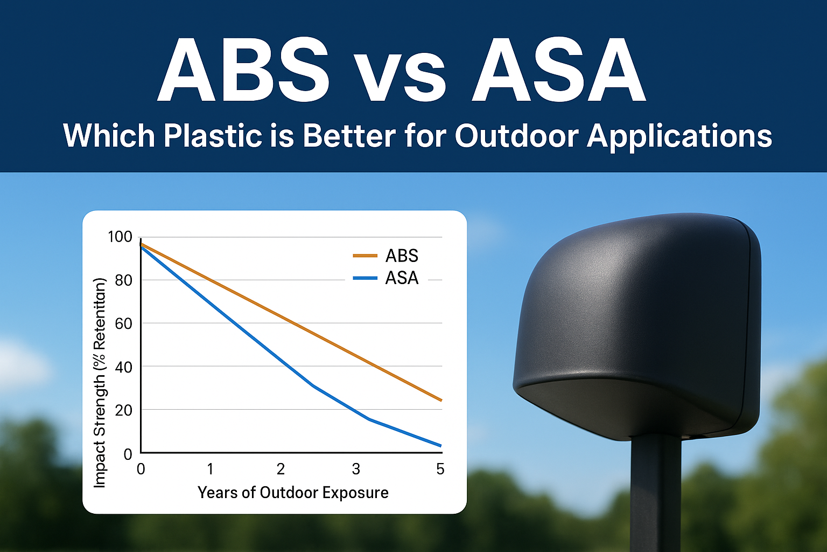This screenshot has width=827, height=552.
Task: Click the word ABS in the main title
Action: click(x=243, y=70)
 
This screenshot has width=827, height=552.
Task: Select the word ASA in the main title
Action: click(x=558, y=70)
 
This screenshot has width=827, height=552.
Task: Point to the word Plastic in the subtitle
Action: click(x=213, y=136)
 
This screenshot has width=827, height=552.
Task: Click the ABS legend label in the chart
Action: click(x=402, y=256)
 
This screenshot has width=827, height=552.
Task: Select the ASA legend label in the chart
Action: click(x=402, y=278)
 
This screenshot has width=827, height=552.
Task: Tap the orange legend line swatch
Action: click(x=365, y=256)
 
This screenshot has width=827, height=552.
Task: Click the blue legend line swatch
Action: click(x=365, y=278)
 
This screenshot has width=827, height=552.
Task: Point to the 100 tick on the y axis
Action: click(x=120, y=237)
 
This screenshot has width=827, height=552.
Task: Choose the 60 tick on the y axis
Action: click(x=123, y=323)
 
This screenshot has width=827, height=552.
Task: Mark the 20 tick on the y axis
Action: click(x=123, y=410)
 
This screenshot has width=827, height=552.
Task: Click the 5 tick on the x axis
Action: click(x=440, y=469)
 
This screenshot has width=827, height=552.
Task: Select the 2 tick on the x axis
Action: click(x=281, y=469)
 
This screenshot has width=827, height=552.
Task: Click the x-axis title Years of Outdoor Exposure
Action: click(x=293, y=493)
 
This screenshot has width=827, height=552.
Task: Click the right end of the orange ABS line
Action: click(x=441, y=401)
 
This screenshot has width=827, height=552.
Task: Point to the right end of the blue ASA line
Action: click(x=441, y=446)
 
